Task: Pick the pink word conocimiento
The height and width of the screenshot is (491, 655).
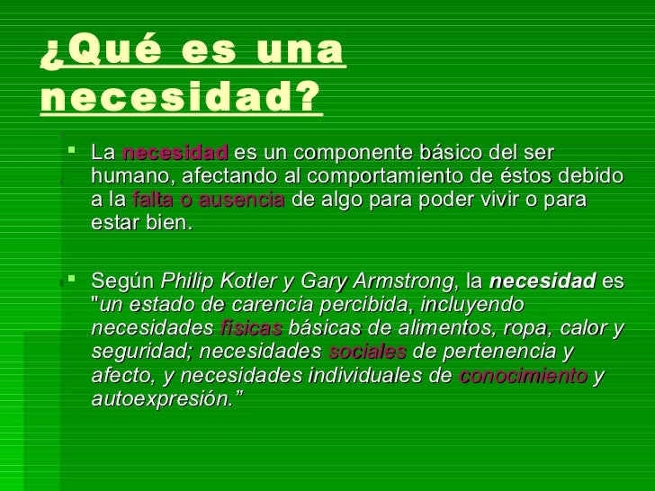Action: (524, 375)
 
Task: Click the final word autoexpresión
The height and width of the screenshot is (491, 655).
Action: (162, 398)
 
